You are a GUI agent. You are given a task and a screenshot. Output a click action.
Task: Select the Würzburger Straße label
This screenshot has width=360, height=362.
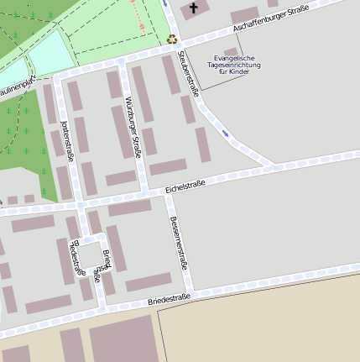point(133,127)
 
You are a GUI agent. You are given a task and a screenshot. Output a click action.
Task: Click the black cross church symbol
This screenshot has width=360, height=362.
point(195,9)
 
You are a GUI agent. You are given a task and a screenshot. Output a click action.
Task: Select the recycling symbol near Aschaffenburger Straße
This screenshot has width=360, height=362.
point(172,38)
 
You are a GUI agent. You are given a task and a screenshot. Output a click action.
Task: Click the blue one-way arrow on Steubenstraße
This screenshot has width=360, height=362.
point(225,132)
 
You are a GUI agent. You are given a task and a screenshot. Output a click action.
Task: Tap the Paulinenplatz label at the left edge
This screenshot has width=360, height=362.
point(17,87)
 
